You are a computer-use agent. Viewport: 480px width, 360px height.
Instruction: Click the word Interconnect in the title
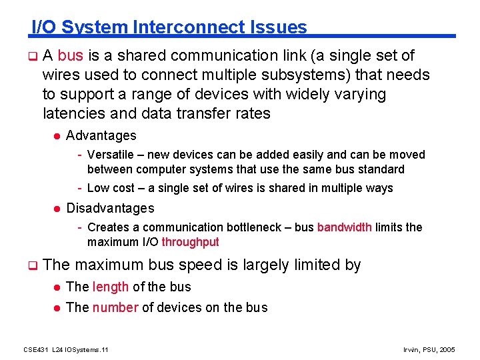click(189, 27)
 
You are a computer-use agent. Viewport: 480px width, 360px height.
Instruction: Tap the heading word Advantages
click(101, 136)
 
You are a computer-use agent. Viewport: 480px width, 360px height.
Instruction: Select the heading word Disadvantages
click(110, 209)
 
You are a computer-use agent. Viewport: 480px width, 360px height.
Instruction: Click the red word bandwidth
click(344, 227)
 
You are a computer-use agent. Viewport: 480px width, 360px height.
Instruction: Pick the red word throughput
click(190, 242)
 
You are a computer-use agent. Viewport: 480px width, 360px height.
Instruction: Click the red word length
click(111, 287)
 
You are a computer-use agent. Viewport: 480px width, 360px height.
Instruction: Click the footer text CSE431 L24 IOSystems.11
click(66, 349)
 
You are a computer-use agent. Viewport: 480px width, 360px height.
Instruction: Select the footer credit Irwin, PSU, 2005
click(430, 349)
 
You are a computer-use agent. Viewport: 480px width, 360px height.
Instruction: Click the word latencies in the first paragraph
click(72, 114)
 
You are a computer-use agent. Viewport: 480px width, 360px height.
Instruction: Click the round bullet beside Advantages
click(57, 136)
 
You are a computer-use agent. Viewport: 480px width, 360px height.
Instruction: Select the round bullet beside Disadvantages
click(57, 209)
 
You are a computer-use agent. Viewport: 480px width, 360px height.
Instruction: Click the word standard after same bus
click(379, 169)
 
